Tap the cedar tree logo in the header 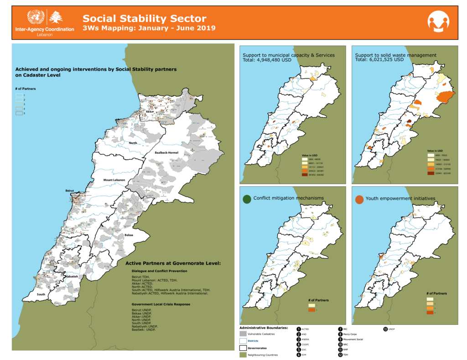click(x=56, y=17)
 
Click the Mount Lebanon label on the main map click(x=114, y=180)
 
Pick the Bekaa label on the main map click(x=129, y=235)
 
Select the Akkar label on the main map click(x=150, y=111)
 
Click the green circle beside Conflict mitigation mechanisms click(x=247, y=198)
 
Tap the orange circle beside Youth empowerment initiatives click(x=359, y=199)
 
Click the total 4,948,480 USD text click(x=267, y=60)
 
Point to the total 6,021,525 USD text click(x=379, y=60)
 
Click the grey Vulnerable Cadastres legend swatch click(x=243, y=334)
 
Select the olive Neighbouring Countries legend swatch click(x=243, y=355)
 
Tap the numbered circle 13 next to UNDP click(x=385, y=329)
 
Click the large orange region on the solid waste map click(x=445, y=97)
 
